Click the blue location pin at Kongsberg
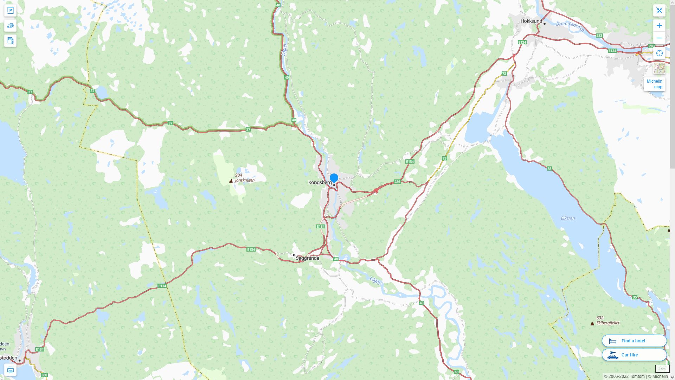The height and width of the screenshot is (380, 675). coord(334,178)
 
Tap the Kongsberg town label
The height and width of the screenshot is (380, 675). coord(320,182)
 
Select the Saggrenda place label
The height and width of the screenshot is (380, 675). coord(308,258)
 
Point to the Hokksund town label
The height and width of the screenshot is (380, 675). coord(531,21)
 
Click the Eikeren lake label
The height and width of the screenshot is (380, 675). coord(568,218)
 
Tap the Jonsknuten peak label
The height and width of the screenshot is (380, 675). coord(245,180)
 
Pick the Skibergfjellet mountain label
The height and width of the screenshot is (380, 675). coord(608,323)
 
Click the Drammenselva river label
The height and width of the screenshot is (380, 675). coord(570,26)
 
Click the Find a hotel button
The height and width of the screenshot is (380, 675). coord(634,341)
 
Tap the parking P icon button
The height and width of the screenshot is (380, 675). coord(10,10)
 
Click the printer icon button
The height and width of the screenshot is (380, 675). coord(10,370)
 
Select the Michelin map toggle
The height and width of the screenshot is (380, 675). coord(655,84)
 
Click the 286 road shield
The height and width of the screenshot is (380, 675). coord(397,182)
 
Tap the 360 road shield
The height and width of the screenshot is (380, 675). coord(44,375)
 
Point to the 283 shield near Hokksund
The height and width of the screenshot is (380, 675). coord(599,36)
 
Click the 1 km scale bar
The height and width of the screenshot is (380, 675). coord(662,369)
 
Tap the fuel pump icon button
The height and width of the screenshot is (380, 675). coord(10,40)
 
